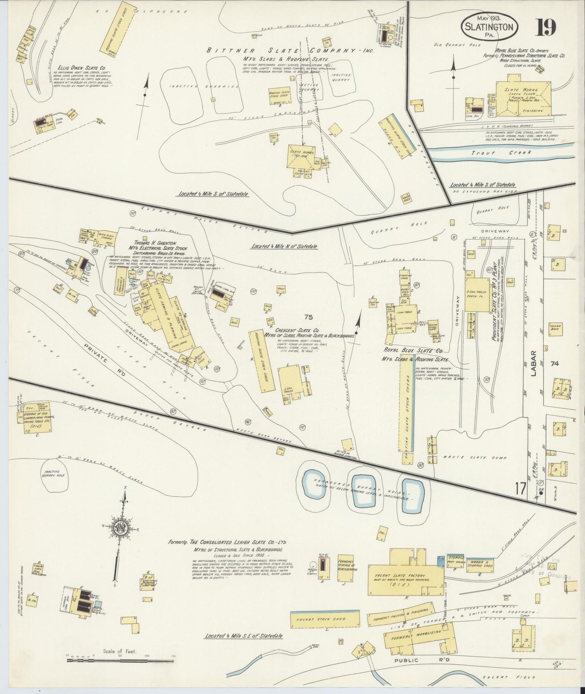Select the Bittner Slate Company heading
pos(289,51)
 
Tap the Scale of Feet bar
pos(120,660)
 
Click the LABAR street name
pos(534,363)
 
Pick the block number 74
pos(554,364)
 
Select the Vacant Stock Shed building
pos(325,619)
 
